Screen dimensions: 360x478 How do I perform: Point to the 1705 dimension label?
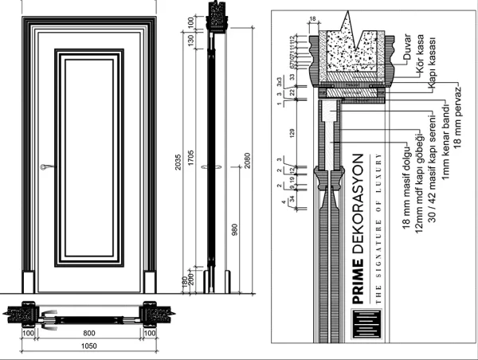[x=191, y=159]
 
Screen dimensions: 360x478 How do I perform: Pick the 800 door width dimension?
[x=88, y=331]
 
